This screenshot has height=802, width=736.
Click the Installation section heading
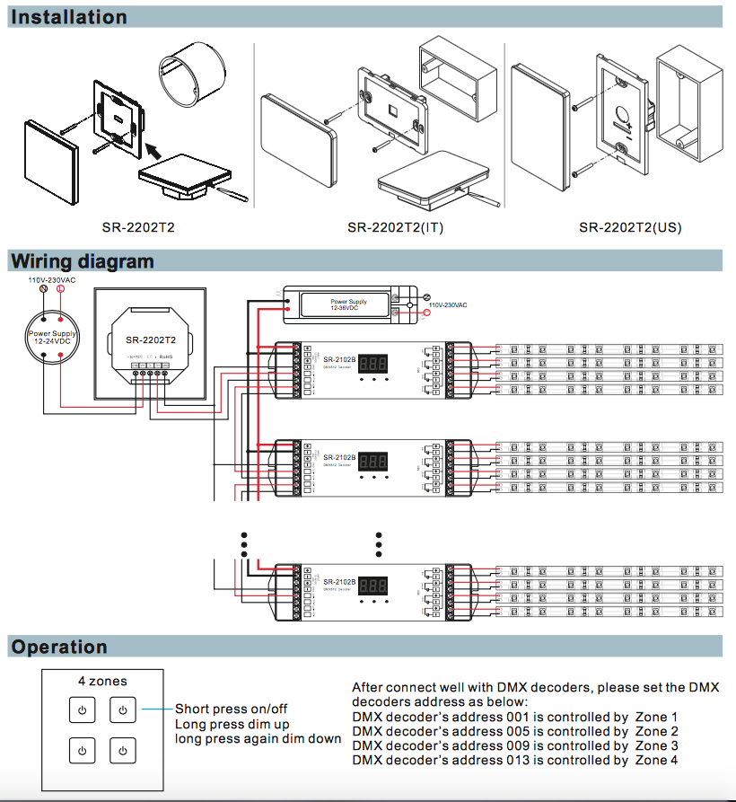coord(69,17)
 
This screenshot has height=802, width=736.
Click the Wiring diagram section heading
coord(82,261)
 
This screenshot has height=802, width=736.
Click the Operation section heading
coord(59,647)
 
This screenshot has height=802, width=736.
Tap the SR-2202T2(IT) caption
coord(396,227)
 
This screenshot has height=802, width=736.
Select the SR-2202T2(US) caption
coord(630,227)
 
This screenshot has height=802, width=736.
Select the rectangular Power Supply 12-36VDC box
coord(348,305)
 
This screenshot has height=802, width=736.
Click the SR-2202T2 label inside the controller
coord(150,340)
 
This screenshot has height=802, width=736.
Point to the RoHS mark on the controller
coord(168,356)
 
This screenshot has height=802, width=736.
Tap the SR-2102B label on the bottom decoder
coord(338,582)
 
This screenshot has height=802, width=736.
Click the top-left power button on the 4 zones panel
coord(82,710)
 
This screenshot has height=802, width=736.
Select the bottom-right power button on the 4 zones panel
coord(123,750)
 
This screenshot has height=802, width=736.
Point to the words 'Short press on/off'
coord(231,709)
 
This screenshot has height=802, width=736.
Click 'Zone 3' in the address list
coord(656,745)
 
